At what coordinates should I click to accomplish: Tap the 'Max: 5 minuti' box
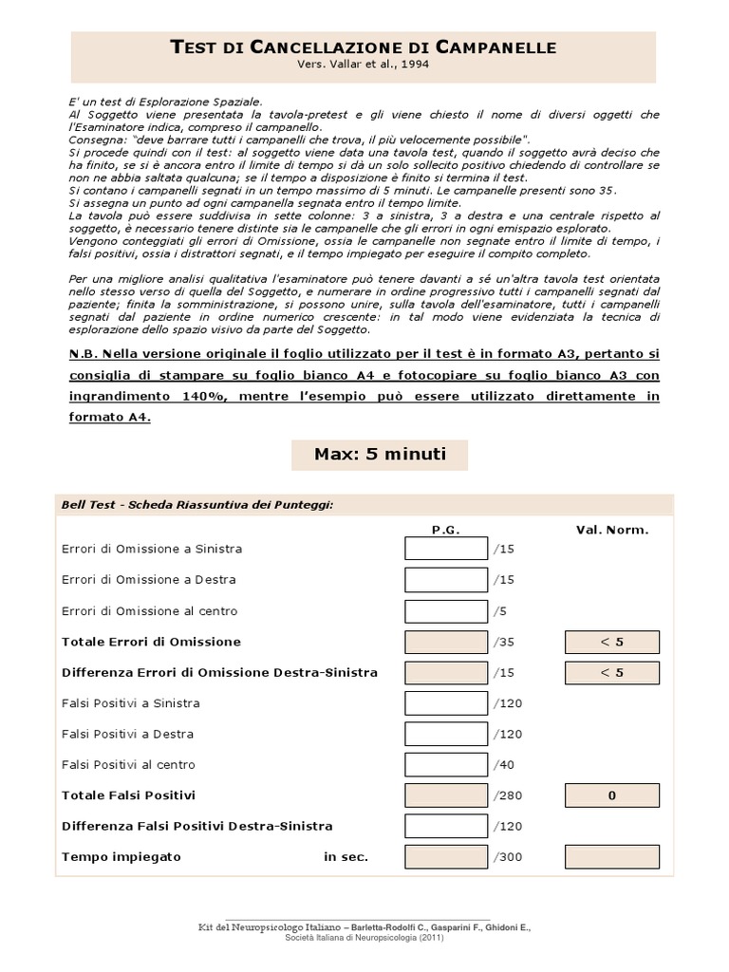[x=380, y=454]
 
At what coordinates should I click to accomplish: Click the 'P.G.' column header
[x=445, y=530]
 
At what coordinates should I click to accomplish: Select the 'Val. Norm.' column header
[x=612, y=530]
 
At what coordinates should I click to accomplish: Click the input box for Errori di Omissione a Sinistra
[x=445, y=549]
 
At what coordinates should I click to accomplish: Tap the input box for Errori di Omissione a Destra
[x=445, y=579]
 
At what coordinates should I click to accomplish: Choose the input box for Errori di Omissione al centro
[x=445, y=610]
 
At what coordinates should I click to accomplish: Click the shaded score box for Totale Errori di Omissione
[x=445, y=642]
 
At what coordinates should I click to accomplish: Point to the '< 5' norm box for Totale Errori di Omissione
[x=612, y=642]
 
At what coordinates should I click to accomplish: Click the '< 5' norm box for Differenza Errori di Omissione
[x=612, y=672]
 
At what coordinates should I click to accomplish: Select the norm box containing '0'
[x=612, y=795]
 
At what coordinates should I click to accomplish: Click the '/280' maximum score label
[x=508, y=795]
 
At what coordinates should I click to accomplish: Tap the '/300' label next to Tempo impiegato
[x=508, y=857]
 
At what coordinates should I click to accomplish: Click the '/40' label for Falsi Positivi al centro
[x=505, y=765]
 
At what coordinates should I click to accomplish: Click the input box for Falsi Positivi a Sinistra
[x=445, y=703]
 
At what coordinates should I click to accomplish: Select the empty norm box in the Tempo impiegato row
[x=612, y=857]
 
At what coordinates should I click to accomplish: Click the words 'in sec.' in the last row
[x=346, y=857]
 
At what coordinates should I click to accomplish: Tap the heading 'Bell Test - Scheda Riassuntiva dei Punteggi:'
[x=196, y=504]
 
